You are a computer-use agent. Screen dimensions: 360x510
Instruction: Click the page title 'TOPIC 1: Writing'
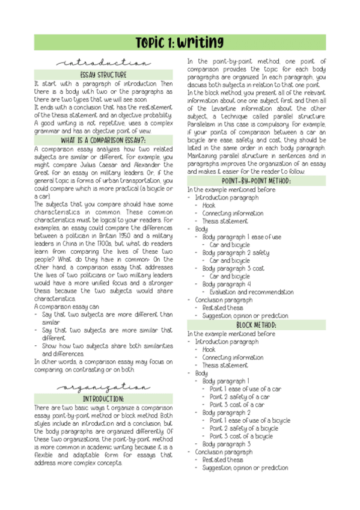coord(180,43)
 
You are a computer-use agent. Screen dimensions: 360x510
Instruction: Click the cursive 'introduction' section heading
coord(104,63)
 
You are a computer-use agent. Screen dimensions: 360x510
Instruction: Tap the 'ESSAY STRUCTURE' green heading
coord(104,75)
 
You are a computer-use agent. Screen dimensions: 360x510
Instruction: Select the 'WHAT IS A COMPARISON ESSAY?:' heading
coord(104,140)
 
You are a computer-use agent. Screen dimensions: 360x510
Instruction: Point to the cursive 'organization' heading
coord(104,388)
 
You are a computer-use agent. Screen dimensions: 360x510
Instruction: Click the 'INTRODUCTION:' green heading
coord(104,399)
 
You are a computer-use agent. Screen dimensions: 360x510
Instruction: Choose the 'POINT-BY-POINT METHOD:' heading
coord(257,181)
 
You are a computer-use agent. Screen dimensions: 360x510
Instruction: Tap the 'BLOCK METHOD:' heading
coord(257,325)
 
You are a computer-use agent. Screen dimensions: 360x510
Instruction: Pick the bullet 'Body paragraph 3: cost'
coord(233,268)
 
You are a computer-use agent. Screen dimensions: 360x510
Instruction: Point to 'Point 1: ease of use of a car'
coord(245,389)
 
